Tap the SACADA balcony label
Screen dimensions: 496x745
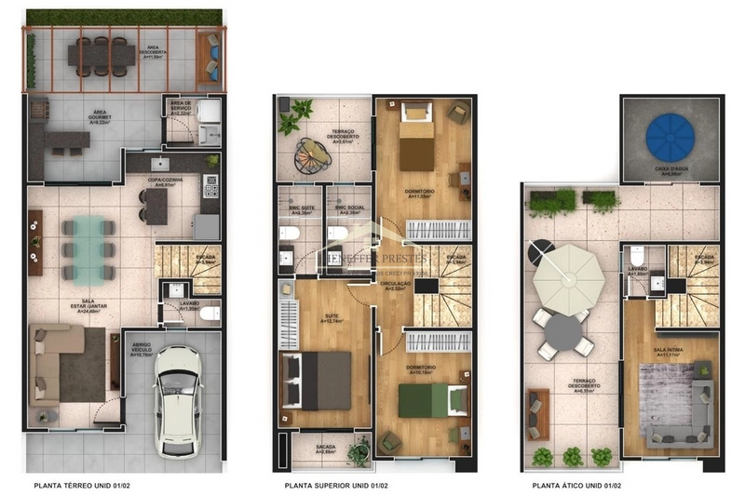pyautogui.click(x=325, y=447)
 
